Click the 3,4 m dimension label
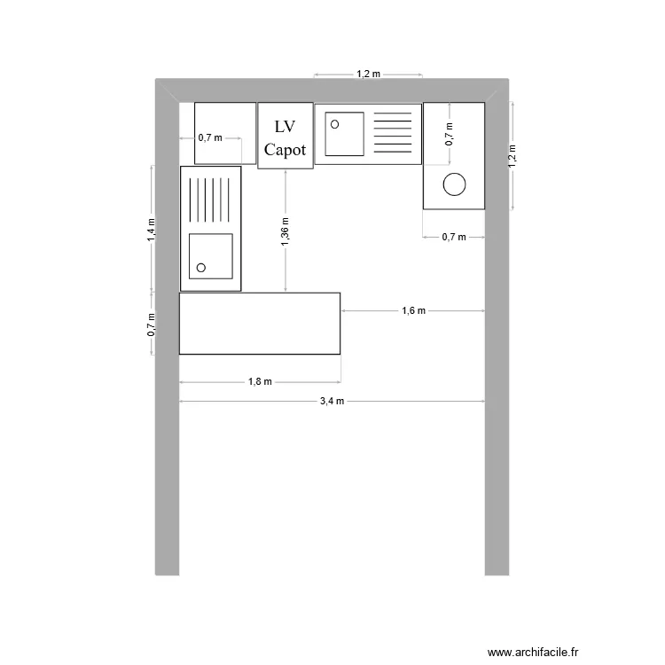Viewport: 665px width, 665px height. (x=332, y=402)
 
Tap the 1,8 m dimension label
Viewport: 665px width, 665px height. (x=260, y=382)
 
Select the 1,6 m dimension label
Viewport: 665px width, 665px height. (x=413, y=311)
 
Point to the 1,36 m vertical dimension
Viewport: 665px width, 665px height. (x=285, y=231)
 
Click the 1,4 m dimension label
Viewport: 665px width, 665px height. (x=152, y=230)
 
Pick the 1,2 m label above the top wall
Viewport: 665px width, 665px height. (x=368, y=74)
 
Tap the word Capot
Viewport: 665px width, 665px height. (x=285, y=150)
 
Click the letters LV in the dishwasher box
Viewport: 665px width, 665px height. (x=285, y=127)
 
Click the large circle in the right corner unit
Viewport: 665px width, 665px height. (x=454, y=184)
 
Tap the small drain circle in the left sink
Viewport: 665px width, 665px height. (x=201, y=267)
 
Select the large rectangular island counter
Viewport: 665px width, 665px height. (x=260, y=324)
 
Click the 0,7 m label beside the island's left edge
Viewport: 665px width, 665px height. (x=152, y=325)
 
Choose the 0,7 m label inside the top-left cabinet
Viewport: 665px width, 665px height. (x=210, y=138)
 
